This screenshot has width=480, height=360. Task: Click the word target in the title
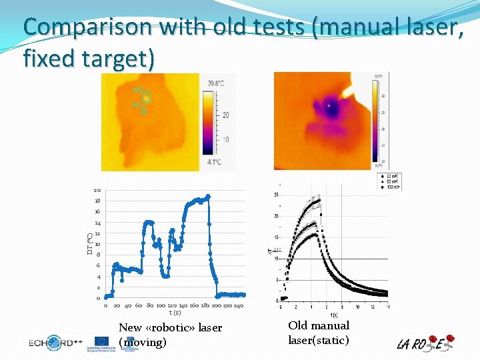pyautogui.click(x=119, y=59)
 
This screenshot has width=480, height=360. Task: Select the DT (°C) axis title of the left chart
pyautogui.click(x=90, y=243)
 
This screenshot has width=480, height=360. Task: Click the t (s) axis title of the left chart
pyautogui.click(x=174, y=313)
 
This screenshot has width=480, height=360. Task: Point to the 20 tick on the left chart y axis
pyautogui.click(x=97, y=191)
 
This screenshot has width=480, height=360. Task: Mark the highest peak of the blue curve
pyautogui.click(x=208, y=196)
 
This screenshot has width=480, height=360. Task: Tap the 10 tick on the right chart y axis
pyautogui.click(x=277, y=259)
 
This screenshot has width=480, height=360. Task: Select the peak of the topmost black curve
pyautogui.click(x=319, y=200)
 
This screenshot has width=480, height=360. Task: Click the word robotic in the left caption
pyautogui.click(x=171, y=327)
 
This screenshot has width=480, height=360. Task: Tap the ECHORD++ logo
pyautogui.click(x=56, y=343)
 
